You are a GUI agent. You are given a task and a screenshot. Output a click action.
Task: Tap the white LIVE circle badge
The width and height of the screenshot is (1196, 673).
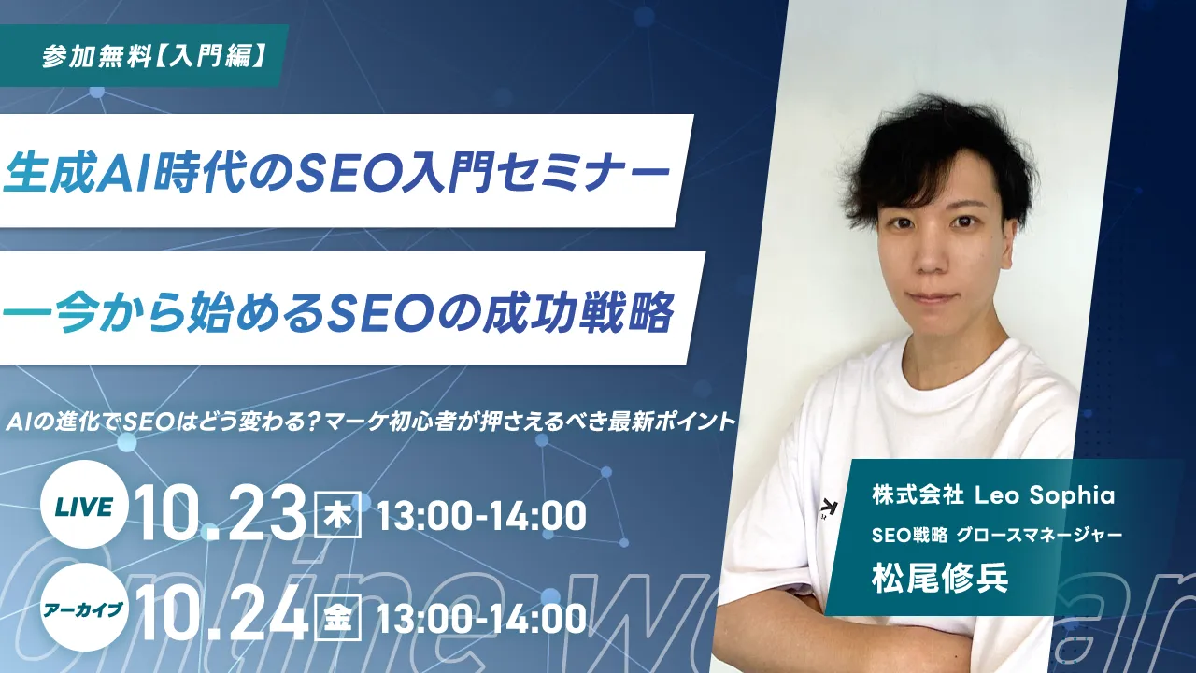tap(84, 505)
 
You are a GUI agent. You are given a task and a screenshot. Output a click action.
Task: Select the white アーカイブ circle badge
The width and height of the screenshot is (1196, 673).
tap(84, 608)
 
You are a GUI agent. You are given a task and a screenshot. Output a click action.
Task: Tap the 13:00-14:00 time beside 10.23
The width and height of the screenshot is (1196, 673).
tap(481, 515)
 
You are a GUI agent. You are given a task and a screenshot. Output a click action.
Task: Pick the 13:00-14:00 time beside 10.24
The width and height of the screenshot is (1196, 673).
tap(481, 619)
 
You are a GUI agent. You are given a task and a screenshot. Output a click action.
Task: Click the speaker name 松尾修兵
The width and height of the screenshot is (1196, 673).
tap(940, 578)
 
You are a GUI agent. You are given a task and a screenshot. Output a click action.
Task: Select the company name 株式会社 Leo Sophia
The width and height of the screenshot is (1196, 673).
tap(993, 496)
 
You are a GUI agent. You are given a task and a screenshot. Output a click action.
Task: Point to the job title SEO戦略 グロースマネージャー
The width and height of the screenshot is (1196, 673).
tap(995, 536)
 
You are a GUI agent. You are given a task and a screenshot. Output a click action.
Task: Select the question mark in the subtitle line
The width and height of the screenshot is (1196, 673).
tap(316, 422)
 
